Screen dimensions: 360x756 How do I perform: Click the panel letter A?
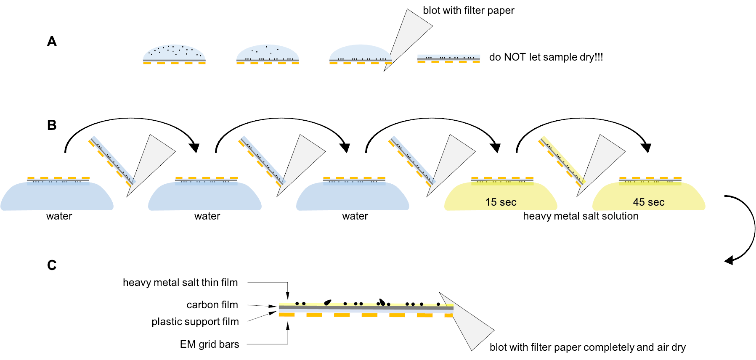click(x=52, y=42)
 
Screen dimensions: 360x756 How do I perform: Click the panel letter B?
click(x=52, y=125)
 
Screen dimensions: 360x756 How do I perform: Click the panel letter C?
click(x=52, y=265)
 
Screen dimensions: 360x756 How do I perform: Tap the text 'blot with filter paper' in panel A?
click(x=468, y=11)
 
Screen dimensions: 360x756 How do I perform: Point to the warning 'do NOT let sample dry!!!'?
click(x=546, y=57)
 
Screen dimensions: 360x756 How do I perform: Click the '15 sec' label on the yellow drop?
click(x=501, y=202)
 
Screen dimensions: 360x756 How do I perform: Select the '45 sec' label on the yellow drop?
click(x=648, y=202)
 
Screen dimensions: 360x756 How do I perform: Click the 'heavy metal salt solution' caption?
click(x=581, y=216)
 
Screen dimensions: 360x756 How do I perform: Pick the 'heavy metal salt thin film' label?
click(x=180, y=283)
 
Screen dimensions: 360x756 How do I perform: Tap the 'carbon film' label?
click(x=212, y=305)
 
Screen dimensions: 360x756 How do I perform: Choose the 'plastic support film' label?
click(x=195, y=322)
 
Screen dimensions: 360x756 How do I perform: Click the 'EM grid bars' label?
click(x=210, y=344)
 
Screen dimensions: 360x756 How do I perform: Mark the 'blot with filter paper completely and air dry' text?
click(x=587, y=347)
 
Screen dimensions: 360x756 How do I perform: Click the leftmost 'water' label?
click(x=59, y=216)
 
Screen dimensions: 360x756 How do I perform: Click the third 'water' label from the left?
click(x=355, y=216)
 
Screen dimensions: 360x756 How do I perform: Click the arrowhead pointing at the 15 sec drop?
click(x=496, y=148)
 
